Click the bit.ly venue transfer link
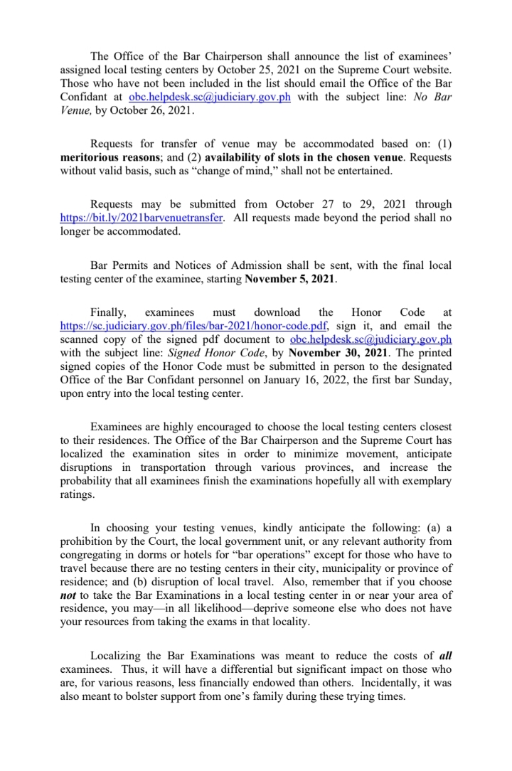(142, 218)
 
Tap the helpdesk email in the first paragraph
(210, 97)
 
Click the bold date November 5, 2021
(290, 280)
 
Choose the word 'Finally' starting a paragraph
(110, 312)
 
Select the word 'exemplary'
(424, 481)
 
